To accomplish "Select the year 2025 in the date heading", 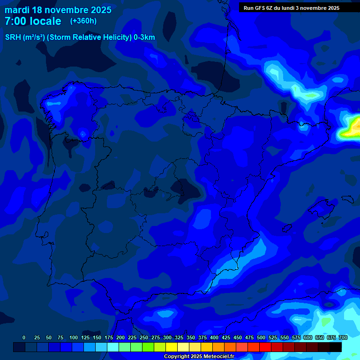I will pos(99,10).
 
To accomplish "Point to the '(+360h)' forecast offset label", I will pos(83,21).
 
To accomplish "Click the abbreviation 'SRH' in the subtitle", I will pos(13,37).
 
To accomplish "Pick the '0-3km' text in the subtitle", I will pos(144,37).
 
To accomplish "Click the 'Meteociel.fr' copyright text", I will pos(217,357).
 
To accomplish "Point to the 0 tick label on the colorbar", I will pos(24,337).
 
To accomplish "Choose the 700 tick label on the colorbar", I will pos(343,337).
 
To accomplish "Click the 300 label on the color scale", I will pos(167,337).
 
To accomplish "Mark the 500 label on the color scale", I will pos(261,337).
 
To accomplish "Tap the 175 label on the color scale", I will pos(109,337).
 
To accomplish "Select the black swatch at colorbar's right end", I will pos(336,347).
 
